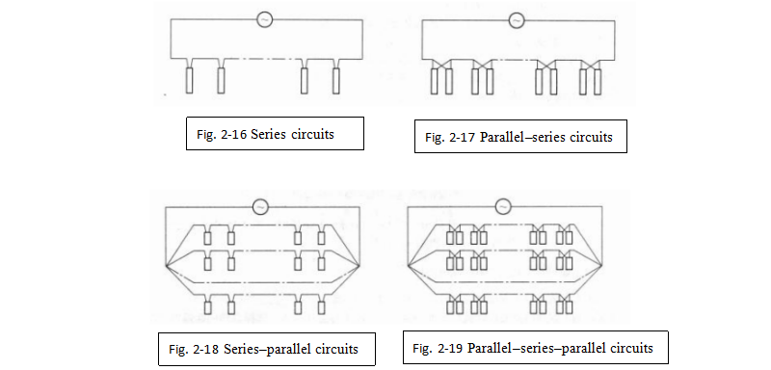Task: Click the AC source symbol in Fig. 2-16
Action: pyautogui.click(x=264, y=19)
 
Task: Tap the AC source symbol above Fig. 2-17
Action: pyautogui.click(x=516, y=20)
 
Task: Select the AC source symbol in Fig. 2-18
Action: pyautogui.click(x=260, y=207)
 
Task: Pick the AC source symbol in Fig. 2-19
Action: pyautogui.click(x=502, y=206)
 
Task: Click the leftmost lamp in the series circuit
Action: pyautogui.click(x=189, y=81)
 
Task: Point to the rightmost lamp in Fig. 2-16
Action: pyautogui.click(x=335, y=81)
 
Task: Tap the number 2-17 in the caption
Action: pyautogui.click(x=464, y=137)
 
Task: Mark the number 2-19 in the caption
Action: pyautogui.click(x=451, y=349)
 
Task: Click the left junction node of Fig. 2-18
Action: pyautogui.click(x=167, y=265)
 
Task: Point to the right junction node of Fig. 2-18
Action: pyautogui.click(x=360, y=265)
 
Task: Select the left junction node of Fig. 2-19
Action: pyautogui.click(x=408, y=265)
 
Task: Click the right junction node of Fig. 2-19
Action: pyautogui.click(x=601, y=265)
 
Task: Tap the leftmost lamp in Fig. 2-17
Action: pyautogui.click(x=435, y=82)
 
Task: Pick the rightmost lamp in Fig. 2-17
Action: pyautogui.click(x=598, y=82)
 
